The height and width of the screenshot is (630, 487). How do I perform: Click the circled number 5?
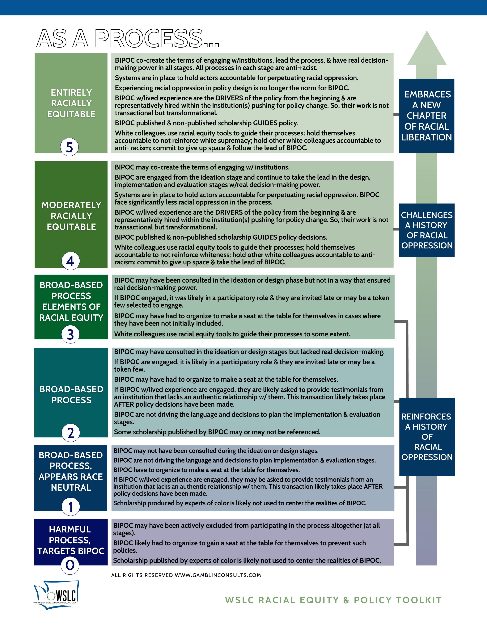pos(69,147)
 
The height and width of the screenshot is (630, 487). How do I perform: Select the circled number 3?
pos(70,334)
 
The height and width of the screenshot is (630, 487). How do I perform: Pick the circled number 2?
pos(71,433)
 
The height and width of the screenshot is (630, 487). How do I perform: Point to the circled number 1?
pos(71,507)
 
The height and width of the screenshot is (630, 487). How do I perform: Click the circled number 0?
pos(70,565)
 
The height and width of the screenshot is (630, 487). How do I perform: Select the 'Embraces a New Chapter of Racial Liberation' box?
pos(426,116)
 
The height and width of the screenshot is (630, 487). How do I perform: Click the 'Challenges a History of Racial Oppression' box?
pos(427,230)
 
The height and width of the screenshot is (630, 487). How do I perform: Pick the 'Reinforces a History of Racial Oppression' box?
pos(427,437)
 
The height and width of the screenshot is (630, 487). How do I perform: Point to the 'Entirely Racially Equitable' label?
pos(71,103)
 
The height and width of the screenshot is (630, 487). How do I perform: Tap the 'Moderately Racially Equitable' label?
pos(71,216)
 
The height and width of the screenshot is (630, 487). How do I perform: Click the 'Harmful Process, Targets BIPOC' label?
pos(70,540)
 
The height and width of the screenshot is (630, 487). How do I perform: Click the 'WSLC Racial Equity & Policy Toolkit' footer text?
pos(333,600)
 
